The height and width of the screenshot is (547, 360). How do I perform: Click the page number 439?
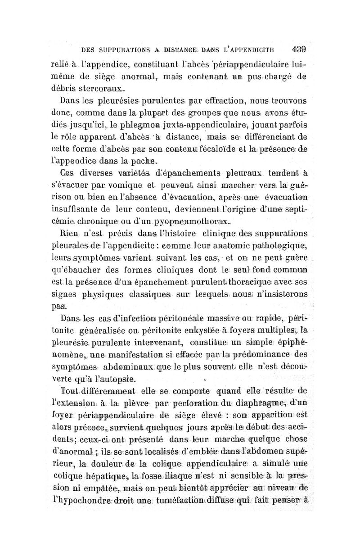pos(298,49)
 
